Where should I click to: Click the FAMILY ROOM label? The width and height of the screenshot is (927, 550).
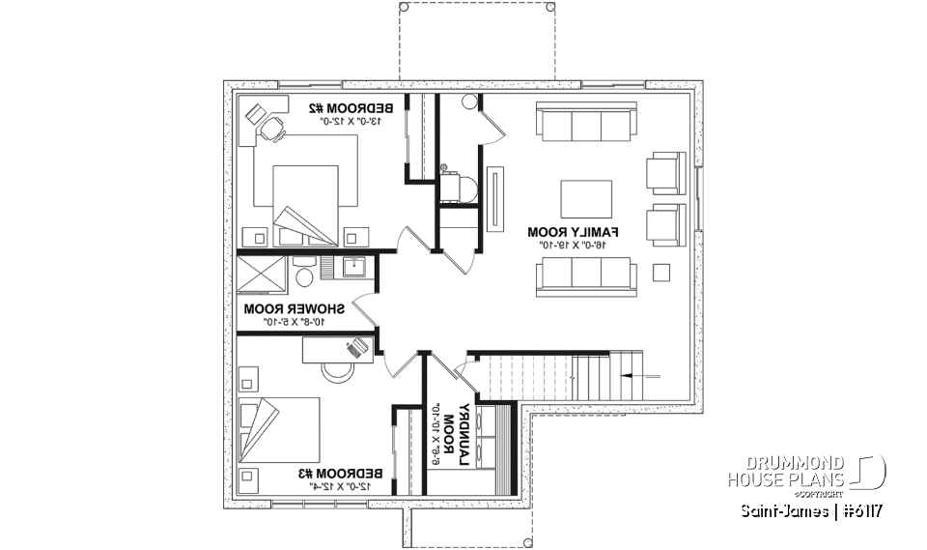coord(573,233)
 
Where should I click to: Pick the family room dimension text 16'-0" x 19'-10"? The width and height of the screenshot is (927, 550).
coord(574,247)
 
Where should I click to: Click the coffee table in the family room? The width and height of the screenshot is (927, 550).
coord(585,198)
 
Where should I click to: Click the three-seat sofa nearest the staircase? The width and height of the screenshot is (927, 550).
coord(586,275)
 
